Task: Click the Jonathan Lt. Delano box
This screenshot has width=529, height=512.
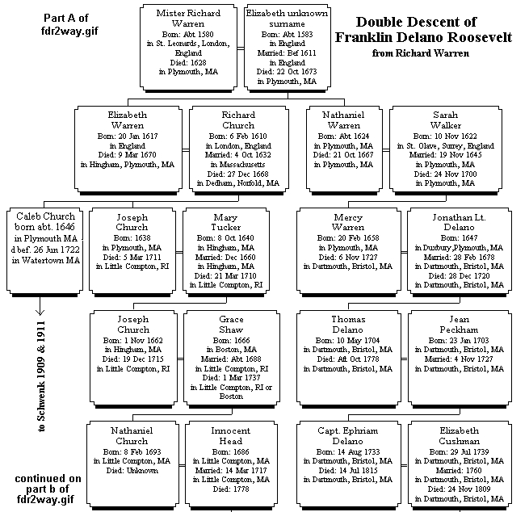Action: (458, 250)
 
